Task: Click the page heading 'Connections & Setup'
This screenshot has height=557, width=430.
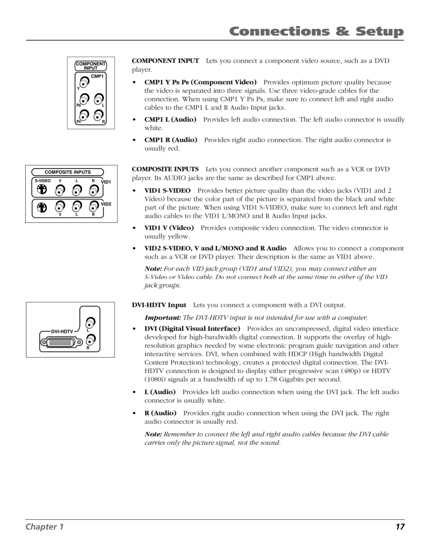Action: pos(316,32)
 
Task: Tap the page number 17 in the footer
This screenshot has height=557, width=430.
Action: pos(400,526)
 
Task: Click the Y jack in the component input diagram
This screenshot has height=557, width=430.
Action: pos(84,83)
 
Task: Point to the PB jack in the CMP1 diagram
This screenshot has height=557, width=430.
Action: pos(84,99)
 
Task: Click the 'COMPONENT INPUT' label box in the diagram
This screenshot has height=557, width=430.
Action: pos(91,66)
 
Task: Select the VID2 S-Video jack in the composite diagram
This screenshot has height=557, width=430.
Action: pos(42,207)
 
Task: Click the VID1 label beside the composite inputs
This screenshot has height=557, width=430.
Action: pos(106,182)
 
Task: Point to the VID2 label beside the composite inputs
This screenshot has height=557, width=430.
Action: pos(106,204)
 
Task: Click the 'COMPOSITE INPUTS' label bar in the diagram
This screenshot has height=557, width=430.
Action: pos(67,172)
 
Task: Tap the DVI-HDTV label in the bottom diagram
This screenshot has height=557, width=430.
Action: pos(62,332)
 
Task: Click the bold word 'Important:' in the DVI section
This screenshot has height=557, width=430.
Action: pos(163,318)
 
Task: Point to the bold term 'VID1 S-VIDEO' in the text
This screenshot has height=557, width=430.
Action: pos(168,191)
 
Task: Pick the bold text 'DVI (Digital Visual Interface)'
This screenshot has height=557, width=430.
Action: pos(192,329)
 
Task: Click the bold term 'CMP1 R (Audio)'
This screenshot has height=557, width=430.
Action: pos(171,140)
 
